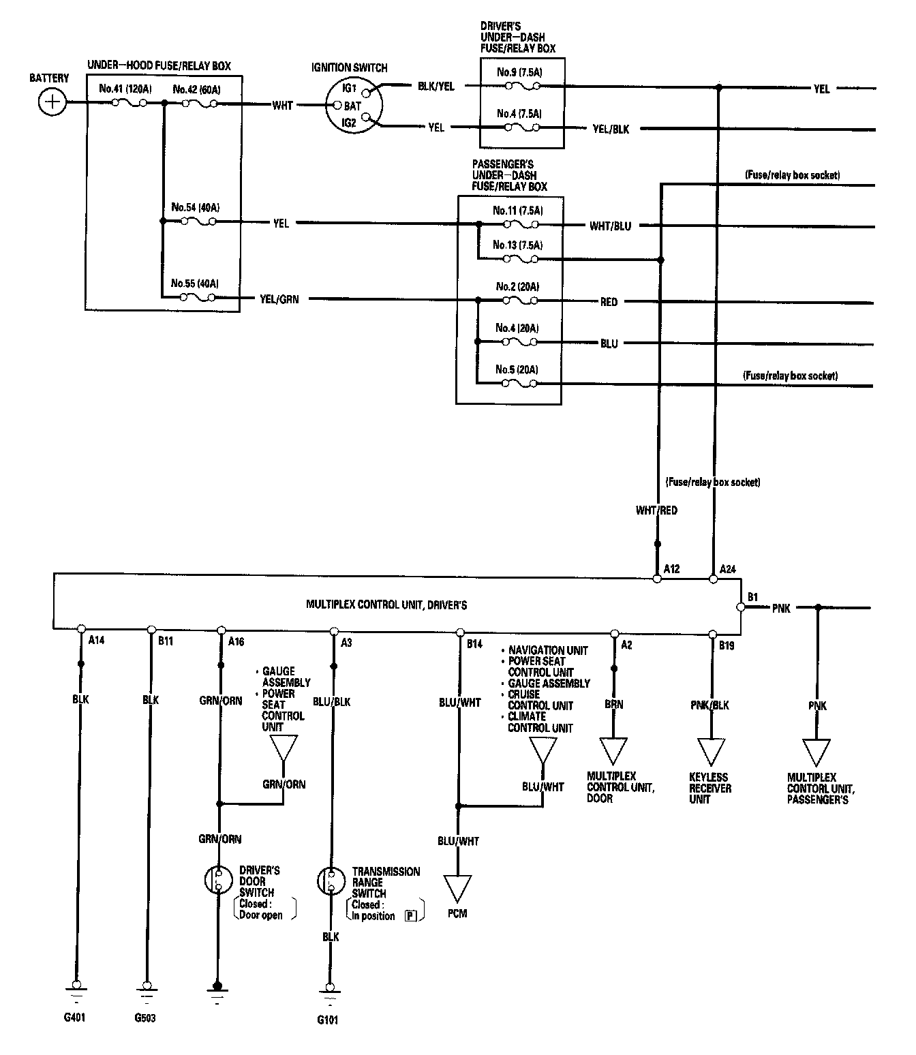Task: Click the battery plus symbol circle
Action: tap(51, 103)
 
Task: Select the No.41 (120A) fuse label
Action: tap(125, 89)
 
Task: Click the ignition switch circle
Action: tap(353, 106)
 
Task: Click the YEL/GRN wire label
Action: tap(279, 299)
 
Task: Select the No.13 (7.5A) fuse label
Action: tap(519, 245)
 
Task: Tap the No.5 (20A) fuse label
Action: tap(517, 370)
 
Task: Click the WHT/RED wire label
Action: tap(656, 510)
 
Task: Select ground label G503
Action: tap(144, 1019)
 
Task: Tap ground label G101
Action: tap(327, 1020)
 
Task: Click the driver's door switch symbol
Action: tap(218, 880)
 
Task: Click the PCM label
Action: tap(458, 913)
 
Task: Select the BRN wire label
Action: tap(613, 705)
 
